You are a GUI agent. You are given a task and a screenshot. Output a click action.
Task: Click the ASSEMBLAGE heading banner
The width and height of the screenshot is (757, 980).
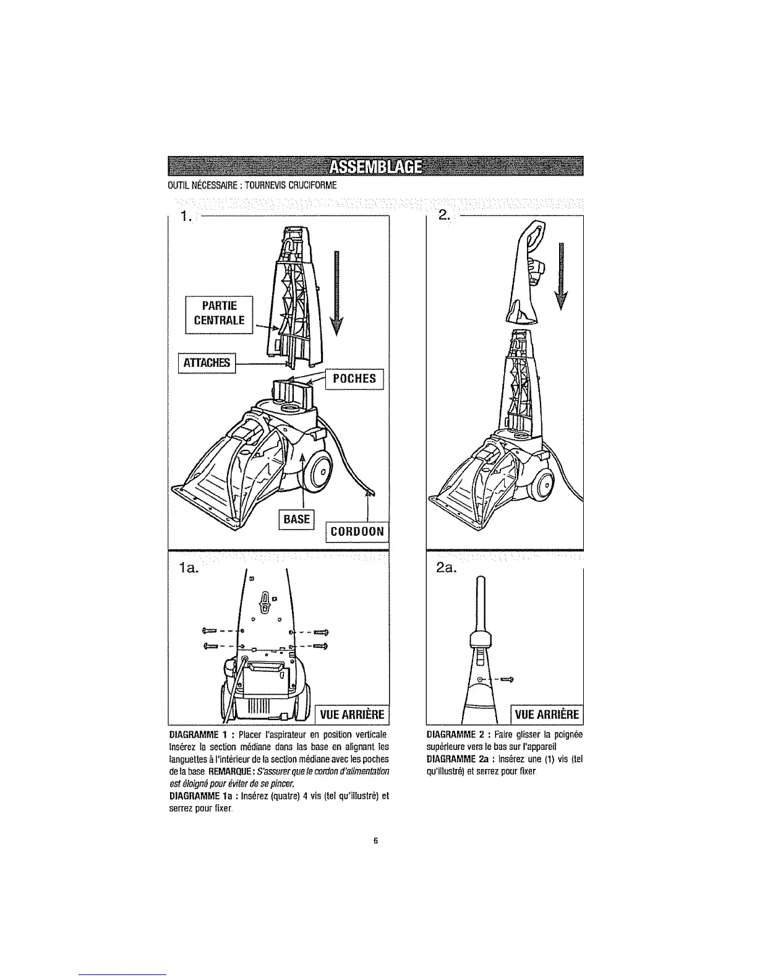[376, 167]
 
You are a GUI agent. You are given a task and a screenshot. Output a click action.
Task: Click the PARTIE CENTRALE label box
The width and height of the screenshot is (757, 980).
[220, 314]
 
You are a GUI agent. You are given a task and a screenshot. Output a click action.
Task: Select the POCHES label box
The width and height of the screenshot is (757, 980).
[354, 379]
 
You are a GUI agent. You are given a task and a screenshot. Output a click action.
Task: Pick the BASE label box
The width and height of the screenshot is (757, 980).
[297, 518]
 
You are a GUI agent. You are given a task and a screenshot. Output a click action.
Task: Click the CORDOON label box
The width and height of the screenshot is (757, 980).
[357, 531]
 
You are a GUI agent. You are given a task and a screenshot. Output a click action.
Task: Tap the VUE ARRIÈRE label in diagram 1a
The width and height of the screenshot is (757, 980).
[352, 715]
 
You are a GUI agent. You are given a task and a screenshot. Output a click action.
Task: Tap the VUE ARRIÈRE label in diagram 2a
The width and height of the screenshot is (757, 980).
[547, 715]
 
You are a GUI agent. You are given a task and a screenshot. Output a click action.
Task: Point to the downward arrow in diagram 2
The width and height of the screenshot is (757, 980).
[560, 275]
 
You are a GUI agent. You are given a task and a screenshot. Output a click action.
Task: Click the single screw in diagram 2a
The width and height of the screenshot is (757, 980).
[508, 681]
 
